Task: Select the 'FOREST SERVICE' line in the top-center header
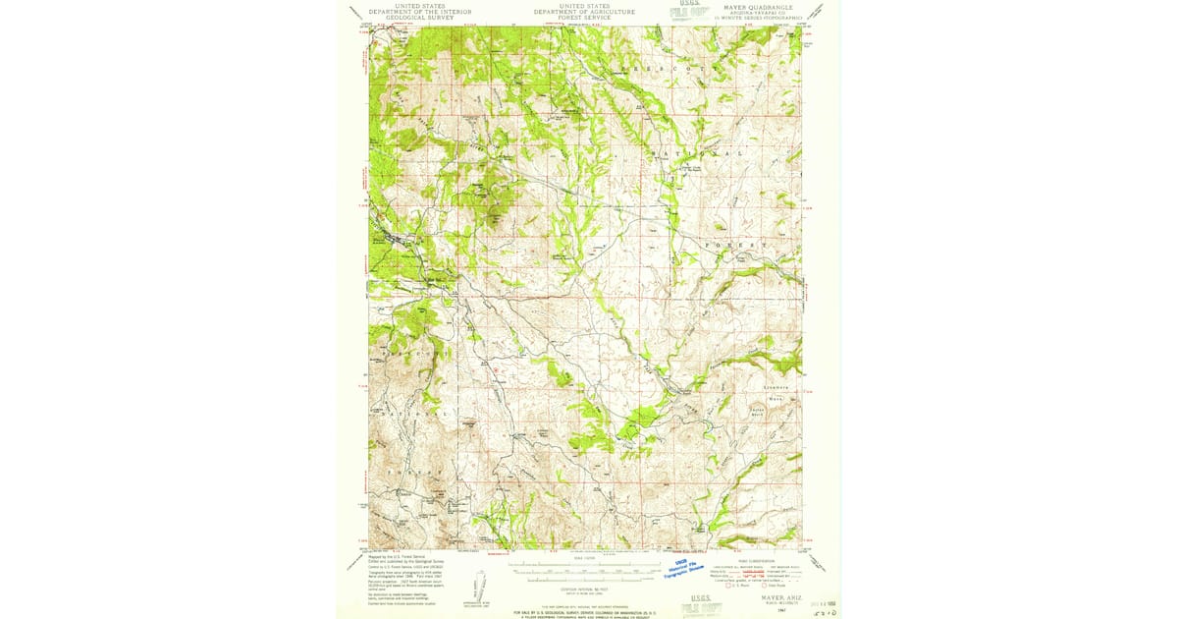coord(584,18)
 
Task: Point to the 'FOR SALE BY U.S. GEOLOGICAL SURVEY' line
coord(584,611)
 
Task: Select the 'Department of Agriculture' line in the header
coord(584,12)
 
